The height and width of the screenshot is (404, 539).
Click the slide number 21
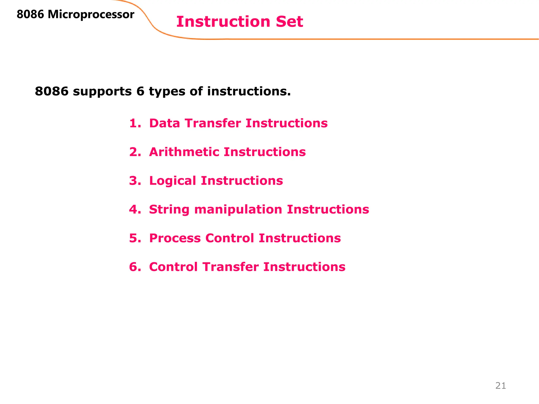pyautogui.click(x=500, y=386)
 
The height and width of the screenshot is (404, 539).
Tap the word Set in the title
pyautogui.click(x=289, y=22)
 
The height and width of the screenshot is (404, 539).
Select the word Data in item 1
pyautogui.click(x=164, y=123)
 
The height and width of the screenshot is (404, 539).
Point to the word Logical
pyautogui.click(x=173, y=181)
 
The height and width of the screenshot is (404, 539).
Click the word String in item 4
pyautogui.click(x=169, y=210)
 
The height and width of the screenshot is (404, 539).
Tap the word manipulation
pyautogui.click(x=238, y=210)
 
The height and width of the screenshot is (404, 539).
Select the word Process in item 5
pyautogui.click(x=175, y=238)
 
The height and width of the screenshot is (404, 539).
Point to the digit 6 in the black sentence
pyautogui.click(x=140, y=91)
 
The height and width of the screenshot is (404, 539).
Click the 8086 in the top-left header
pyautogui.click(x=30, y=14)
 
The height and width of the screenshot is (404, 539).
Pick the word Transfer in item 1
pyautogui.click(x=213, y=123)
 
